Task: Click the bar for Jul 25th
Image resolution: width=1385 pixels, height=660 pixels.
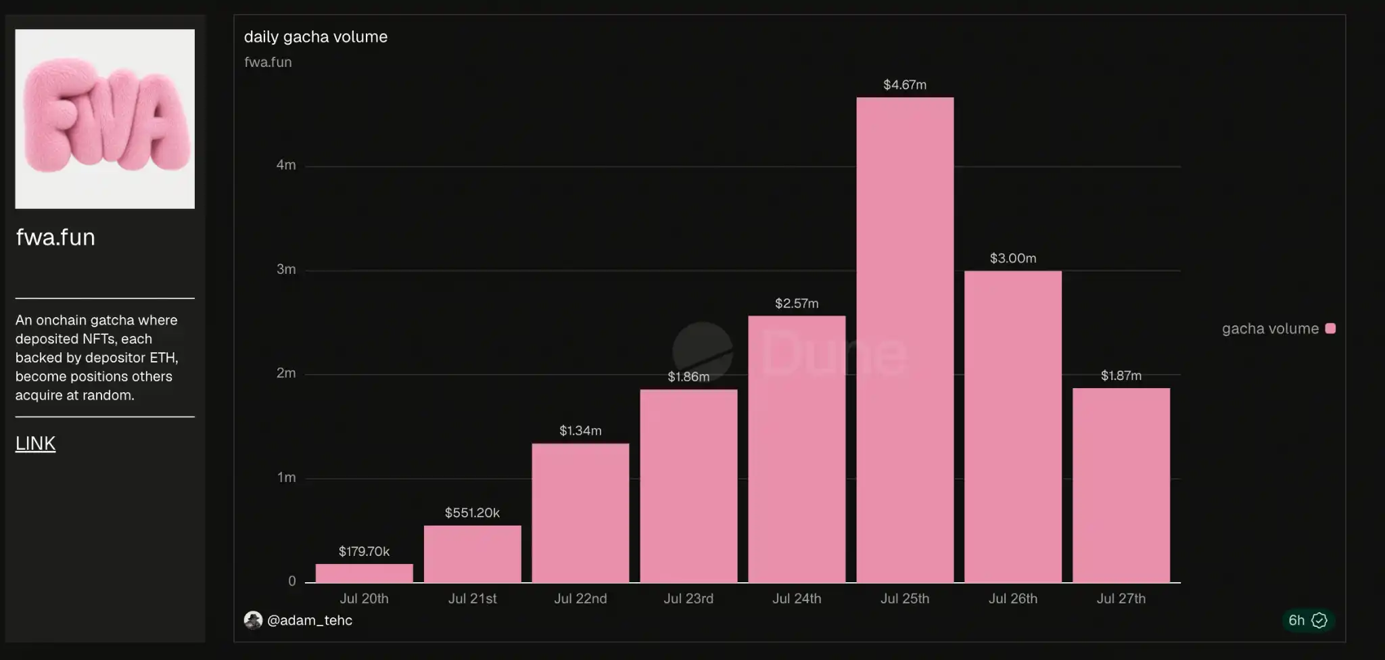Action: tap(905, 339)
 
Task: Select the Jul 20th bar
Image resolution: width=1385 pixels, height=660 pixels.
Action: tap(364, 573)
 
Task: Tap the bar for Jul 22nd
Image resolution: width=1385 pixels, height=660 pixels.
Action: tap(580, 513)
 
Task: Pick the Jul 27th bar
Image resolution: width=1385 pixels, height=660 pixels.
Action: tap(1121, 485)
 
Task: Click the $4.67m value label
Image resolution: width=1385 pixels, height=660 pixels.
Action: tap(905, 85)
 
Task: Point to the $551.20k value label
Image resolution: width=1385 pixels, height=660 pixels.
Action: tap(472, 513)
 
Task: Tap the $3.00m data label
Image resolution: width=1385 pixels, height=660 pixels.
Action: tap(1013, 258)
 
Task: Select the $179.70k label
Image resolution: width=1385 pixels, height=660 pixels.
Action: tap(364, 551)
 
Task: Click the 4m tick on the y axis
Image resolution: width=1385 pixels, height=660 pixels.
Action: tap(286, 165)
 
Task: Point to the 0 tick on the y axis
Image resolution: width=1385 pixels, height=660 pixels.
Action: tap(292, 581)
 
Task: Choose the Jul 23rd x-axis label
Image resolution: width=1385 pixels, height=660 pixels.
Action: tap(688, 598)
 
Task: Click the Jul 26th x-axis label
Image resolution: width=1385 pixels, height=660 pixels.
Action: tap(1013, 598)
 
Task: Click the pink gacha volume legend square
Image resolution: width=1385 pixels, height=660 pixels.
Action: tap(1330, 329)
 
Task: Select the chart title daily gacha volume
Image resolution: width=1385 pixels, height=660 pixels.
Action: tap(316, 37)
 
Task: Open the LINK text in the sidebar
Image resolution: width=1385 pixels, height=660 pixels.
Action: tap(35, 444)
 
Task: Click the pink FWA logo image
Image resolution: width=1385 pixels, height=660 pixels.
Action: tap(105, 118)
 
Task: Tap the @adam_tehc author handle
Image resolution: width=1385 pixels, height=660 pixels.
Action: tap(310, 620)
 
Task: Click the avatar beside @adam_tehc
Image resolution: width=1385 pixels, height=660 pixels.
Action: tap(253, 620)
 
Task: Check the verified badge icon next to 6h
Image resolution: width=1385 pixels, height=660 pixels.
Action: tap(1319, 620)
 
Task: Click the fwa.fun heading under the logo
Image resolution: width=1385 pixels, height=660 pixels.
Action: tap(55, 237)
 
